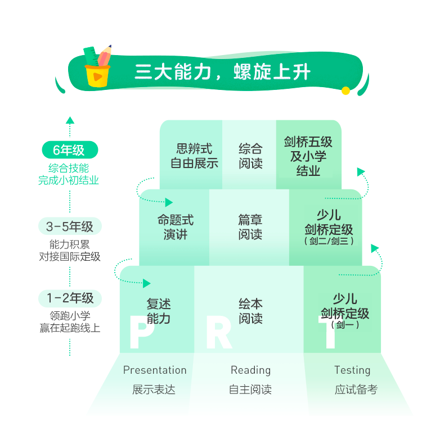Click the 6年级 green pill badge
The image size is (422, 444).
(x=70, y=150)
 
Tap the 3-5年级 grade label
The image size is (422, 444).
(x=70, y=226)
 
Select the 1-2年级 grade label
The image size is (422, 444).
(x=70, y=298)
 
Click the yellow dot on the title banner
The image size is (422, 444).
(x=345, y=90)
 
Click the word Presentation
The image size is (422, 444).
(x=155, y=370)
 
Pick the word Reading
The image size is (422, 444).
(x=251, y=370)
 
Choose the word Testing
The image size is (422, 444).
(x=352, y=370)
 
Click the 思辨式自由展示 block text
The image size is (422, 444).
(x=194, y=156)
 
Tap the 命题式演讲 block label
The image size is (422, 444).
(x=176, y=227)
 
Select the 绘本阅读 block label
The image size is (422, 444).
(x=250, y=311)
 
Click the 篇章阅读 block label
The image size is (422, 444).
(x=250, y=227)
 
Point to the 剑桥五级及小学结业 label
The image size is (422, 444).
(x=308, y=156)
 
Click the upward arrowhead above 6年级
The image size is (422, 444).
(x=70, y=120)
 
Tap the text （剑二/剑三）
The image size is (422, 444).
(x=329, y=241)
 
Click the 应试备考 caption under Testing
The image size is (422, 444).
(x=356, y=389)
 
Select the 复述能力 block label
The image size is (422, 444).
(x=159, y=311)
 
